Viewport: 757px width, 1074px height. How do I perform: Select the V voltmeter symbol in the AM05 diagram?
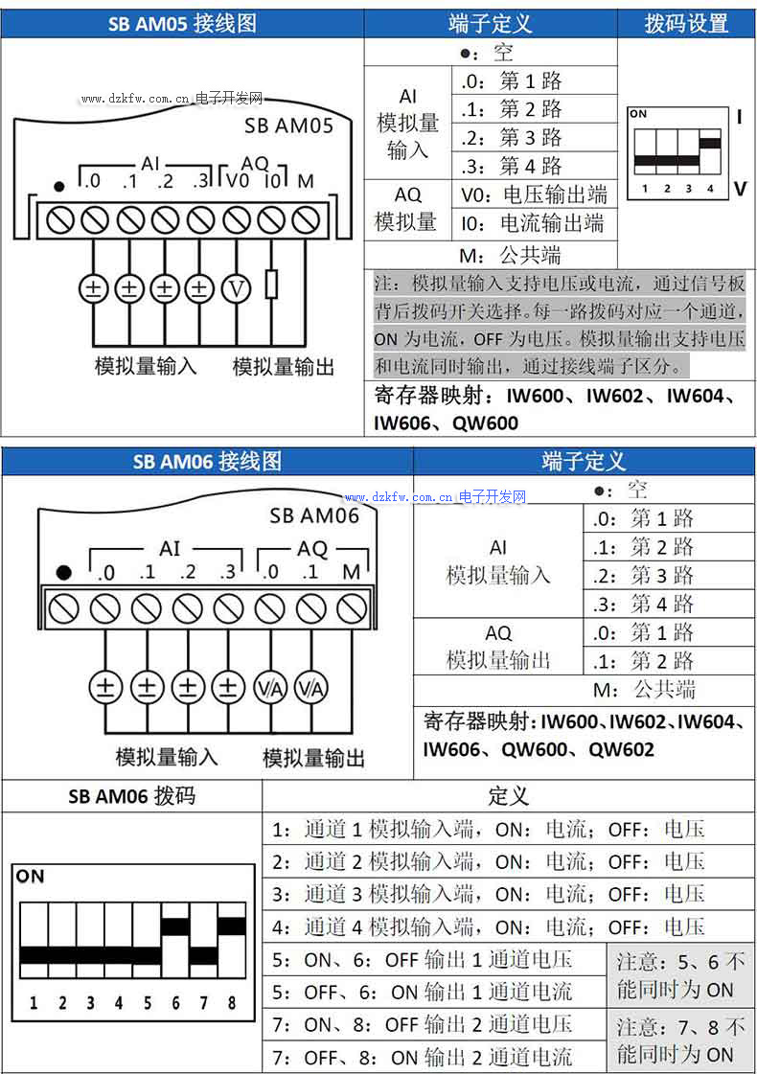pyautogui.click(x=236, y=286)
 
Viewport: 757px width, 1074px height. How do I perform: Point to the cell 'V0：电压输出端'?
pyautogui.click(x=534, y=195)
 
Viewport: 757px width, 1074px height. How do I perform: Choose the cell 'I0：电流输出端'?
pyautogui.click(x=533, y=224)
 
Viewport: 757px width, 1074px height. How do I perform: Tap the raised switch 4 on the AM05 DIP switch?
pyautogui.click(x=710, y=145)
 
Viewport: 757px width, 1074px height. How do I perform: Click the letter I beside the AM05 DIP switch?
pyautogui.click(x=739, y=117)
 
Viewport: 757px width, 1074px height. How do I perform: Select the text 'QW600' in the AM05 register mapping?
pyautogui.click(x=485, y=423)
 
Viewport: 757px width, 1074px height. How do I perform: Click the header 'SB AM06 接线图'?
pyautogui.click(x=207, y=461)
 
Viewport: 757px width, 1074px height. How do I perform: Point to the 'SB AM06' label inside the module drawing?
pyautogui.click(x=313, y=515)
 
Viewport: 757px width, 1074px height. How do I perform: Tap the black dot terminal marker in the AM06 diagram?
pyautogui.click(x=63, y=573)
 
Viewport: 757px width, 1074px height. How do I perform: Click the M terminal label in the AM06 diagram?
pyautogui.click(x=352, y=572)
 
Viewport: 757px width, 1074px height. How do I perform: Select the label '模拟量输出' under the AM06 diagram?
pyautogui.click(x=314, y=758)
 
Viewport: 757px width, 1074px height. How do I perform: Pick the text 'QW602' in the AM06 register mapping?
pyautogui.click(x=621, y=749)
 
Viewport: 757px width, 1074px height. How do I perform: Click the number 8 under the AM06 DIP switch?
pyautogui.click(x=232, y=1003)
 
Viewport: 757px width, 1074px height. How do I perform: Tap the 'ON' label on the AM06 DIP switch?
pyautogui.click(x=31, y=876)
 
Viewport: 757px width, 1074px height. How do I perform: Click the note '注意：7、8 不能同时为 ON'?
pyautogui.click(x=680, y=1040)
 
